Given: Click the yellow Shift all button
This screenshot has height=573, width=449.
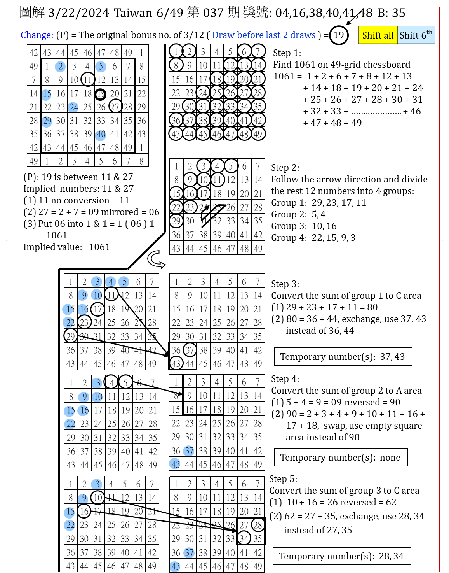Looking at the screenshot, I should point(378,35).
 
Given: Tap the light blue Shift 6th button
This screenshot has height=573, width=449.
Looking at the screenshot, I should point(416,35).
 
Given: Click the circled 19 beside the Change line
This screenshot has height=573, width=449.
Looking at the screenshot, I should point(339,35).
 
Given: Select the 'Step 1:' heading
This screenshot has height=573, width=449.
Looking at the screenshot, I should point(287,53).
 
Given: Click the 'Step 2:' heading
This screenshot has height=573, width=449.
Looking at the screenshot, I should point(285,168).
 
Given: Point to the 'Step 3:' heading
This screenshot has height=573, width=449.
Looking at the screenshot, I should point(285,284).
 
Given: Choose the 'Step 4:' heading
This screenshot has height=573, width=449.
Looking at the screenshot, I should point(285,379).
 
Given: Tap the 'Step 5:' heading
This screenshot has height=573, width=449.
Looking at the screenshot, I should point(283,479).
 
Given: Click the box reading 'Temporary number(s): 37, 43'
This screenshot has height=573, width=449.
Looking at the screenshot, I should point(343,357).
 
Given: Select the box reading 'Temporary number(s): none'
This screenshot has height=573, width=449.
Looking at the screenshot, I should point(340,457).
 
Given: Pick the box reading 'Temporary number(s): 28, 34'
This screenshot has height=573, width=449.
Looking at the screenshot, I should point(341,556).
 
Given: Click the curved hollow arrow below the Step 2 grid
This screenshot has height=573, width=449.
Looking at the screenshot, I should point(156,259).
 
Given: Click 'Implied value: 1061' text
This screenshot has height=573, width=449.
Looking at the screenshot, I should point(66,247).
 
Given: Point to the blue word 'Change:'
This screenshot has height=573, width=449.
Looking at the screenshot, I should point(37,35).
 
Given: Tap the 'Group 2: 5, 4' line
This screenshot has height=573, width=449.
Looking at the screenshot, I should point(298,214).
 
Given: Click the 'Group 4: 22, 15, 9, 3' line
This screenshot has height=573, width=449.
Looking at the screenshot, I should point(313,238).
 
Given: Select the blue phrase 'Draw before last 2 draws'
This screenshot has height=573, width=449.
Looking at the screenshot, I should point(264,35).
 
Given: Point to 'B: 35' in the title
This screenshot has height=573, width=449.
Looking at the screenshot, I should point(392,13).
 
